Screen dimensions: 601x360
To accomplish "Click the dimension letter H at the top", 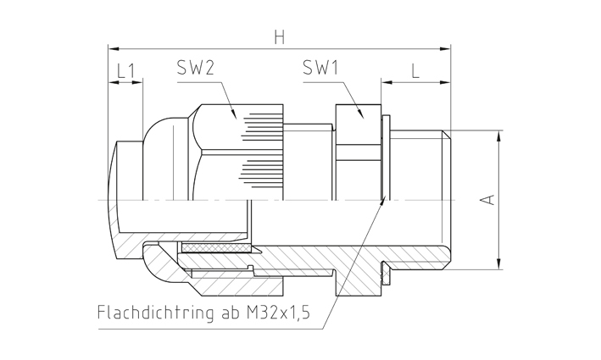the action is tap(280, 37).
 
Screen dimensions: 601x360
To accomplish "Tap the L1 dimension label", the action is tap(125, 71).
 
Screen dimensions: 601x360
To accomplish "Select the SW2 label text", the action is tap(195, 68).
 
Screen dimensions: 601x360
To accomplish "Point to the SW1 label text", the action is tap(320, 68).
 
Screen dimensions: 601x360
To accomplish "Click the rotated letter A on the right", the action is tap(488, 200).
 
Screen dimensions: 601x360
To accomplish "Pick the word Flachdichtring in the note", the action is tap(155, 313).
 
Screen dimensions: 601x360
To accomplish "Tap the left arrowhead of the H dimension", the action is tap(114, 49).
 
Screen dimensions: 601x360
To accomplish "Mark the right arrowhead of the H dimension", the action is tap(445, 49).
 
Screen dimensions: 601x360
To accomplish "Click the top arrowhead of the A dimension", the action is tap(498, 136).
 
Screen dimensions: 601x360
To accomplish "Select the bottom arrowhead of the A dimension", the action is tap(498, 263).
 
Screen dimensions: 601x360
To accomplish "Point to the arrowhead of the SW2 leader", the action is tap(232, 113).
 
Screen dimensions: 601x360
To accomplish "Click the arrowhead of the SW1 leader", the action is tap(359, 113).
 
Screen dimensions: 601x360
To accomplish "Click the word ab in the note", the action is tap(231, 313).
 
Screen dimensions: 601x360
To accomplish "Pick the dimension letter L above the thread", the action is tap(415, 71).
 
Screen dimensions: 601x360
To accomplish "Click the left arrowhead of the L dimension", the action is tap(387, 82).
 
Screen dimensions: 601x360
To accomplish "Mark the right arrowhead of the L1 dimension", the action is tap(137, 82).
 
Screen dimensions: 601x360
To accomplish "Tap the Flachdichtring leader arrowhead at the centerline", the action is tap(383, 200).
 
